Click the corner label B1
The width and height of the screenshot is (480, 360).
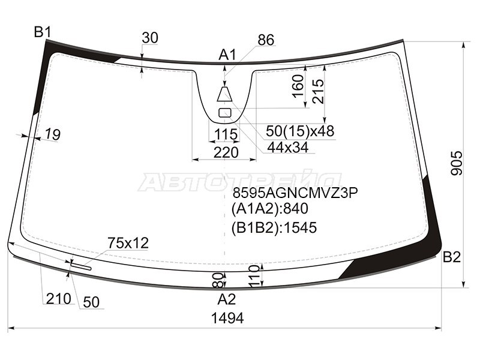click(43, 32)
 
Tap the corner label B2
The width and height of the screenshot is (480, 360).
click(452, 257)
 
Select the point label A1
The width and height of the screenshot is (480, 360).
click(227, 55)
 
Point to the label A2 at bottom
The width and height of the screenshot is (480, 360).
click(227, 299)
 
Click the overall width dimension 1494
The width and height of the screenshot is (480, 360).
click(227, 318)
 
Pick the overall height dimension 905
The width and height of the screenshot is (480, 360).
click(457, 163)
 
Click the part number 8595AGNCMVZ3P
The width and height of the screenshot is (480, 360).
click(295, 193)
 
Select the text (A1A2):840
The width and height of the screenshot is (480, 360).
click(269, 209)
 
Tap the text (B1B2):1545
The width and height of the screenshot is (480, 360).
click(274, 228)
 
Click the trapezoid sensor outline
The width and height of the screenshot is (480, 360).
click(225, 94)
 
